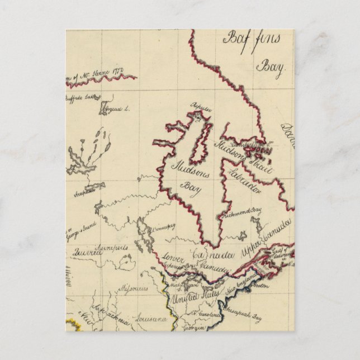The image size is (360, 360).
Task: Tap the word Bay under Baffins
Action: [x=271, y=67]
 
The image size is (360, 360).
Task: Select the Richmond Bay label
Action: [x=244, y=213]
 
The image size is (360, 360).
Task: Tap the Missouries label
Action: [x=133, y=290]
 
